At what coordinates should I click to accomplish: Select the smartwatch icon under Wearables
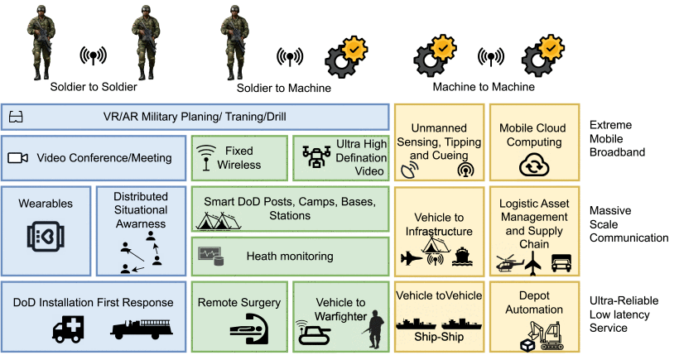[x=46, y=237]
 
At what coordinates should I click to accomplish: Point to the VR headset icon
[x=16, y=117]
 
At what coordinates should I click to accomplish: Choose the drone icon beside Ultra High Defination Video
[x=317, y=158]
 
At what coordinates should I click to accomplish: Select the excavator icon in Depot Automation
[x=547, y=334]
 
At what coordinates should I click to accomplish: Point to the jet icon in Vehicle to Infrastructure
[x=412, y=257]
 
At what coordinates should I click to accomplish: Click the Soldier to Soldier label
[x=93, y=87]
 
